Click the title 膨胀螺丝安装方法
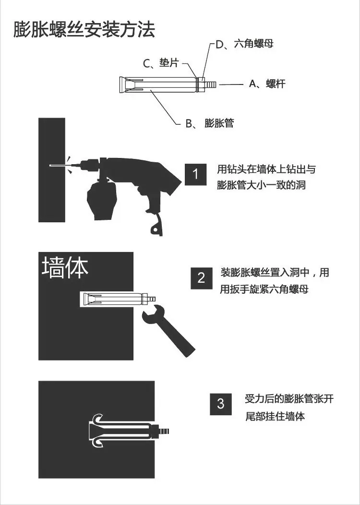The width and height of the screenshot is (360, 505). [84, 30]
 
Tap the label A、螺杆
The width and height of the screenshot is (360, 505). [267, 84]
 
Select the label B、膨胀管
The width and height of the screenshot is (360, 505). [210, 123]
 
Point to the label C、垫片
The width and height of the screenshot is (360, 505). [161, 63]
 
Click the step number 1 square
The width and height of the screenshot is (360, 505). [195, 174]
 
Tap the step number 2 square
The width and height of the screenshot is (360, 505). [202, 278]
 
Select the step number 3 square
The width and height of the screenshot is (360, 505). [221, 404]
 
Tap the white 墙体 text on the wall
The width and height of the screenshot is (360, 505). [65, 267]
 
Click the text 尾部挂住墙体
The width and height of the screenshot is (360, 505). [275, 416]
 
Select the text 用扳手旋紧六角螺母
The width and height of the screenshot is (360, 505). [264, 289]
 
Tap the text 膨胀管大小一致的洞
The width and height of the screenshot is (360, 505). [261, 185]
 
